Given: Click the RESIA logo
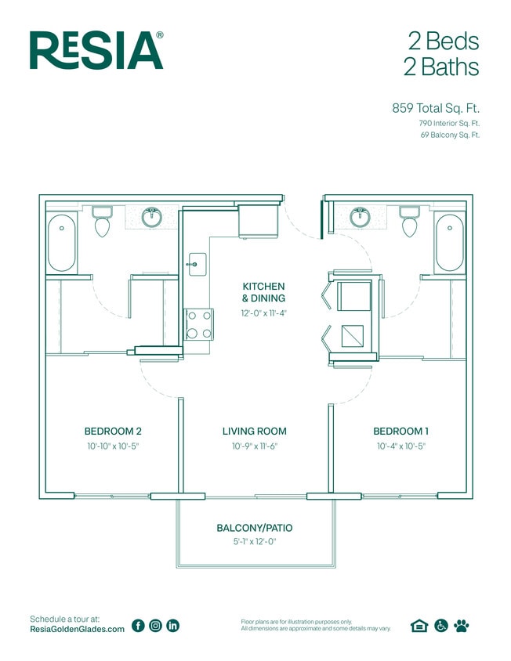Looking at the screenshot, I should pos(96,51).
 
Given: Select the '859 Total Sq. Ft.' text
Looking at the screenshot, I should pos(435,108).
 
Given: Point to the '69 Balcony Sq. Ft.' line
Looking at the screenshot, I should pos(449,135).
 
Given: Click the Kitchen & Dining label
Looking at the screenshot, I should pos(263,292).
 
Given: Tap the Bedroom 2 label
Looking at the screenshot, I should pos(113,431).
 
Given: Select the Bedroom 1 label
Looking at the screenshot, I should pos(400,431).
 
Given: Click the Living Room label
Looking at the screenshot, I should pos(254,431).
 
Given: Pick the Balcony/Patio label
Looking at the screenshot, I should pos(254,528).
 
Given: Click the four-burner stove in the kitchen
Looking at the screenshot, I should pos(198,324).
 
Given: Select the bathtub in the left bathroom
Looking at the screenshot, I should pos(62,244).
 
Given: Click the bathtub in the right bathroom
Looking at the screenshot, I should pos(450,244).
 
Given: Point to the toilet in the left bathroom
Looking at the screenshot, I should pos(102,222).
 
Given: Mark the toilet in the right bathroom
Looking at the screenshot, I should pos(409,222).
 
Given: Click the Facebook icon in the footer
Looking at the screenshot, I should pos(138,625).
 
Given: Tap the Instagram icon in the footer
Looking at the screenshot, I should pos(155,625).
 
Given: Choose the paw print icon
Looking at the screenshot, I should pos(461,625).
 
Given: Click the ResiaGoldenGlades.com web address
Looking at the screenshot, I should pos(77,630).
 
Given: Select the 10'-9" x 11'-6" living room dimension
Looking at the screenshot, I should pos(254,446).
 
